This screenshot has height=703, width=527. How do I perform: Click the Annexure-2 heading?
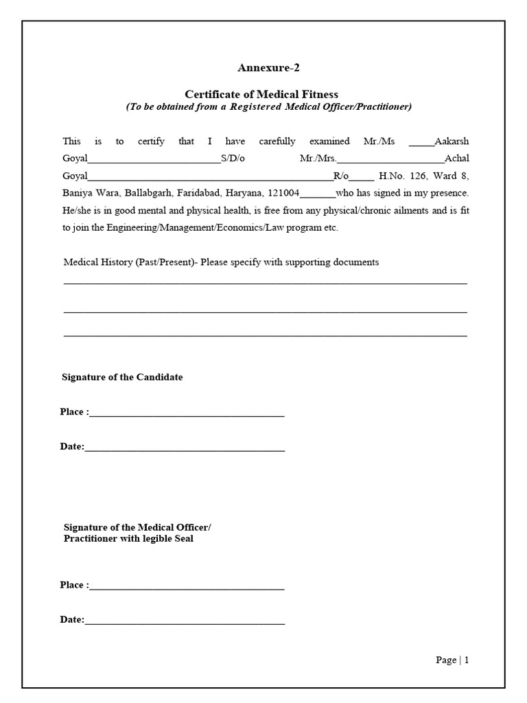268,67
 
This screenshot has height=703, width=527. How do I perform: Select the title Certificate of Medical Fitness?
261,94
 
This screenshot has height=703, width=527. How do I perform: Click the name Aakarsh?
452,141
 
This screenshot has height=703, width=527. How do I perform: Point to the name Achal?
457,159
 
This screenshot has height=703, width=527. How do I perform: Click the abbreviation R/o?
341,176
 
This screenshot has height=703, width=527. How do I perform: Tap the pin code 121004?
283,193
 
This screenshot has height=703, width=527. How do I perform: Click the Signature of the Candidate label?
122,377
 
